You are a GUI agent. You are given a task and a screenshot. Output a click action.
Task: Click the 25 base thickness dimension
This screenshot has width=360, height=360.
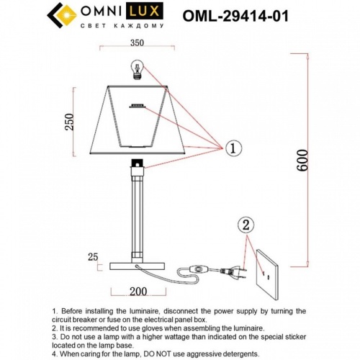[91, 256]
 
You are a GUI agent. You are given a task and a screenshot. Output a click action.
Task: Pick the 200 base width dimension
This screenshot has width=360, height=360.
[138, 292]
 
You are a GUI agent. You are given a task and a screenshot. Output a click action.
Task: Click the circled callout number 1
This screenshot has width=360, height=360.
[233, 148]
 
